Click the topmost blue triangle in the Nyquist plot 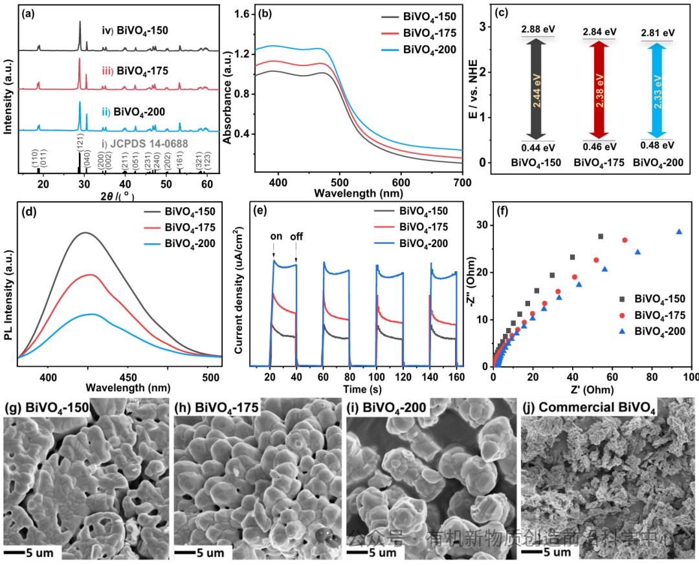[679, 232]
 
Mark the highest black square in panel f [601, 236]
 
